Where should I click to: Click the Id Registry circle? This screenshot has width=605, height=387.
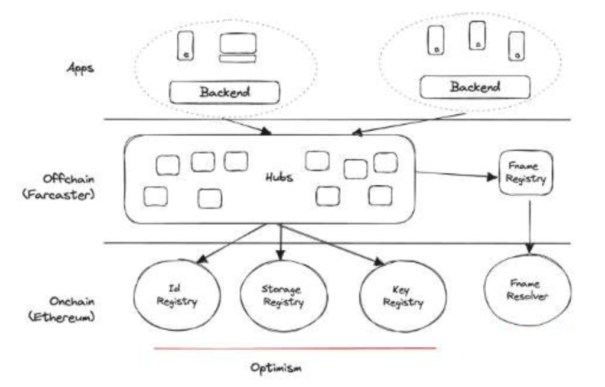click(x=177, y=294)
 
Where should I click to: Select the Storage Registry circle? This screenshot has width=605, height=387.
click(x=284, y=295)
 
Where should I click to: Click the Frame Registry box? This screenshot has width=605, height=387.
click(x=526, y=173)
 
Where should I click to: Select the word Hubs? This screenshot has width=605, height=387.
click(x=279, y=178)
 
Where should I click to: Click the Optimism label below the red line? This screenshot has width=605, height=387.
click(x=275, y=368)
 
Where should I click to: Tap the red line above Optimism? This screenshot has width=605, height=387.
click(x=295, y=349)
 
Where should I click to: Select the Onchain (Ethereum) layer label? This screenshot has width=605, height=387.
click(x=61, y=309)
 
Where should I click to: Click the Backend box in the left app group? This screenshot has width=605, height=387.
click(x=225, y=92)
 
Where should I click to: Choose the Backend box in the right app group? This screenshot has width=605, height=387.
click(x=474, y=88)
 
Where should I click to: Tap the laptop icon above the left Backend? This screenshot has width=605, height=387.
click(x=238, y=48)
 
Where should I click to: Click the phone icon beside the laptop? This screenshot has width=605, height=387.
click(x=186, y=46)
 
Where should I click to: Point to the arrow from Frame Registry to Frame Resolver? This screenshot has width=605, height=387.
click(x=529, y=225)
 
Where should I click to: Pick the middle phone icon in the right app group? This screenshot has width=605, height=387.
click(x=477, y=36)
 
